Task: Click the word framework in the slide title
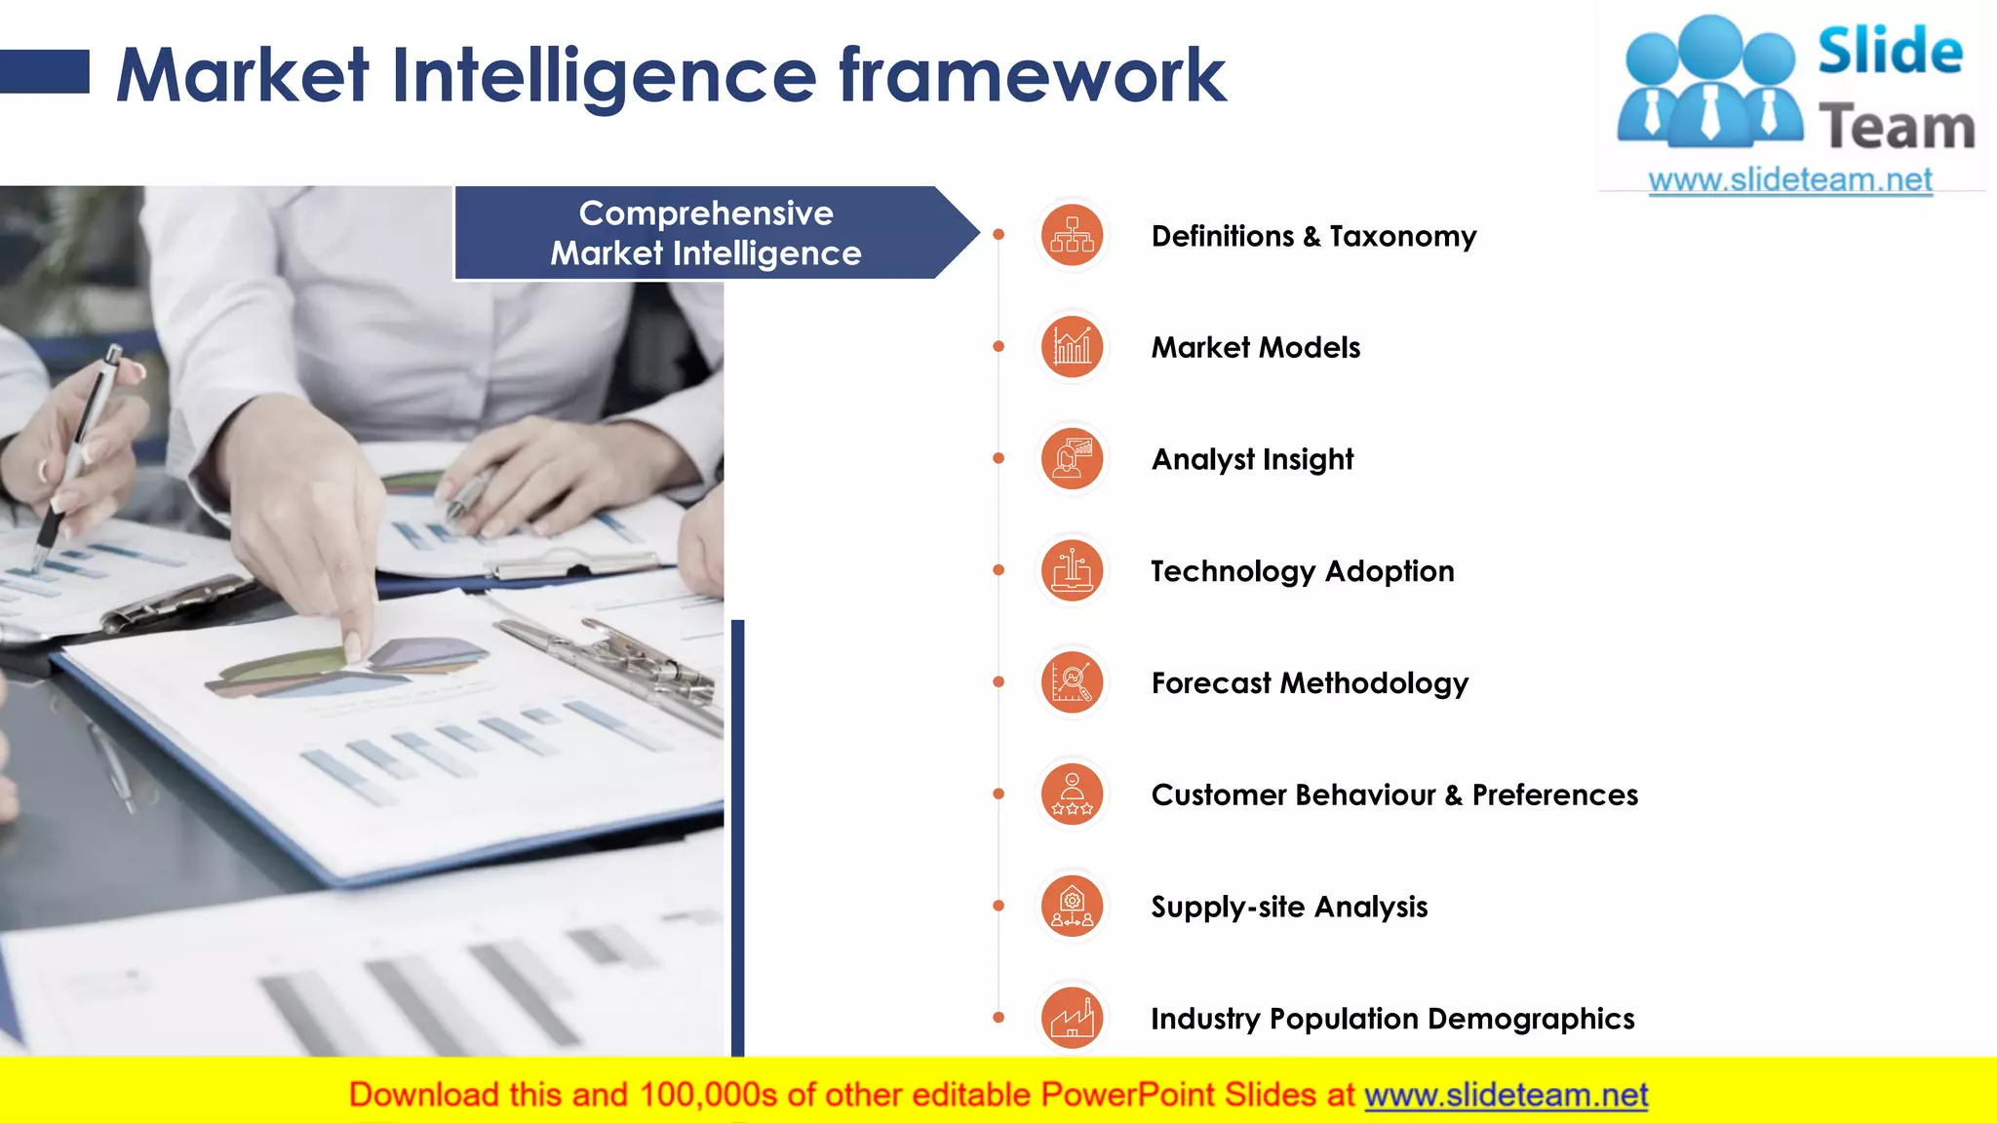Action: coord(1032,76)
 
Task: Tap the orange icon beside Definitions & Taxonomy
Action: coord(1072,235)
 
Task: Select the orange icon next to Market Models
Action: coord(1072,347)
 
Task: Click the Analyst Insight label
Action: coord(1252,459)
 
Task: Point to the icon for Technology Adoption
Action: coord(1072,570)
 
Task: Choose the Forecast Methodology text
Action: coord(1309,683)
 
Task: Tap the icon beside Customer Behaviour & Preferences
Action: coord(1072,794)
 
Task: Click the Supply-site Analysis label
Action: coord(1288,907)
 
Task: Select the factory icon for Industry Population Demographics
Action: coord(1072,1018)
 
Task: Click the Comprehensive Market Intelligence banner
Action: coord(706,233)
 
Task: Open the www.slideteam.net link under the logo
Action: coord(1789,180)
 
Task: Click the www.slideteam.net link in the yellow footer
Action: coord(1506,1095)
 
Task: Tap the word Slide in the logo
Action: coord(1890,52)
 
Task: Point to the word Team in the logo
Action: coord(1896,128)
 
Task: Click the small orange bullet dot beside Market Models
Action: coord(998,346)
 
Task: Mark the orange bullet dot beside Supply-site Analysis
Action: coord(998,906)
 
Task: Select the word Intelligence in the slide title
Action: coord(604,76)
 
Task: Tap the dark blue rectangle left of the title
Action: coord(44,72)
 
